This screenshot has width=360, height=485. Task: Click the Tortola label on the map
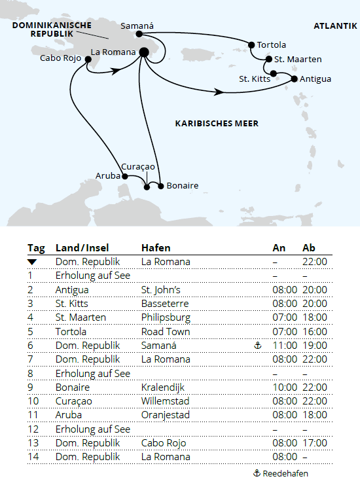(272, 45)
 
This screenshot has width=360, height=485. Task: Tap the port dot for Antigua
(293, 79)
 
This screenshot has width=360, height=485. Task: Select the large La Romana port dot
(143, 53)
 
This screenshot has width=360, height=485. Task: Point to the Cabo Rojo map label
(60, 58)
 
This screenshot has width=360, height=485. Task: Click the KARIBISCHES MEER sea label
(217, 123)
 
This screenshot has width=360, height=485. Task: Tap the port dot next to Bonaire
(160, 186)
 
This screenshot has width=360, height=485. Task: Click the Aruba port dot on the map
(124, 176)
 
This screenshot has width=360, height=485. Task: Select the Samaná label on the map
(137, 27)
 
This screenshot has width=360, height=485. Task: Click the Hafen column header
(156, 248)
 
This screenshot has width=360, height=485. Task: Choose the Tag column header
(36, 248)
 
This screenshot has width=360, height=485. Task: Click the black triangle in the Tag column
(32, 262)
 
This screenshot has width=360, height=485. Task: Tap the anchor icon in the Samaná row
(258, 346)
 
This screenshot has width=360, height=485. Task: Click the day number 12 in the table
(33, 429)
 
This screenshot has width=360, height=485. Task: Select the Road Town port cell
(161, 332)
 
